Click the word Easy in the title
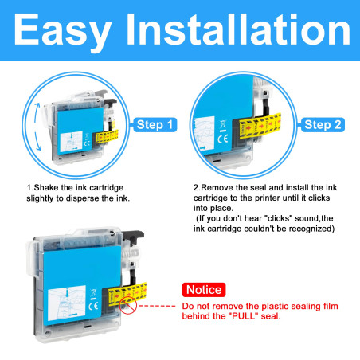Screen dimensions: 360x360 coord(62,31)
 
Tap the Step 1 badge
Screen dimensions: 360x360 coord(155,124)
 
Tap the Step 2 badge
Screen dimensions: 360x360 coord(323,125)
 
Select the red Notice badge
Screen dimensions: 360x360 coord(204,290)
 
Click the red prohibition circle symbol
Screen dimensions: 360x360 coord(128,306)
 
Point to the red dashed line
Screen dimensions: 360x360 coord(157,306)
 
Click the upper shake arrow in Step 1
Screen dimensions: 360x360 coord(37,113)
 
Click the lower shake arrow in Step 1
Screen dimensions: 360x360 coord(37,141)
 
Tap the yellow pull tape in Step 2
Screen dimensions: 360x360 coord(260,126)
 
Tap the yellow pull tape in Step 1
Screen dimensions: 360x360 coord(107,136)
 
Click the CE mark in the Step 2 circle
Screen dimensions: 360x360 coord(223,139)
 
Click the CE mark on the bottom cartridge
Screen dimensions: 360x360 coord(93,306)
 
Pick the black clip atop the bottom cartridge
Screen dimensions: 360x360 coord(133,235)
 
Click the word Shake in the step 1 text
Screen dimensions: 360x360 coord(46,188)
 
